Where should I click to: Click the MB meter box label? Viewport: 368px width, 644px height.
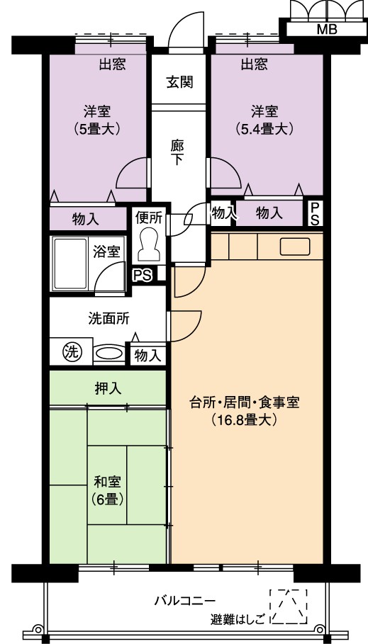(328, 29)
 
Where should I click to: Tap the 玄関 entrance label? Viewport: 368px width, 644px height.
(179, 82)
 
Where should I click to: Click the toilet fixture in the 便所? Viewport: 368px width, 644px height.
(148, 244)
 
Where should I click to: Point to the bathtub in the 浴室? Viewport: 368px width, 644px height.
(71, 263)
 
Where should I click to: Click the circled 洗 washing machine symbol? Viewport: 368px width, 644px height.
(72, 351)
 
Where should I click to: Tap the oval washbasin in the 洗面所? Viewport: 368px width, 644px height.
(109, 352)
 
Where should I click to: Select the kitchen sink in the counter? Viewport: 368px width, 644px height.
(295, 247)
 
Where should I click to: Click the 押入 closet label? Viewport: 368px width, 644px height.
(108, 388)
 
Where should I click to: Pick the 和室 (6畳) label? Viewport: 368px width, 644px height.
(108, 490)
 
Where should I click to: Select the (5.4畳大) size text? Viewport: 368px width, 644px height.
(265, 128)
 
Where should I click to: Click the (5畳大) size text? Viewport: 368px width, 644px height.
(97, 128)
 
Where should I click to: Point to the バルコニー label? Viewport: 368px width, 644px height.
(184, 601)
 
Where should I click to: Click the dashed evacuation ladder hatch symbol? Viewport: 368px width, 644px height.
(289, 606)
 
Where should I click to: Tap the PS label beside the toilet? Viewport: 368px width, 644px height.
(142, 274)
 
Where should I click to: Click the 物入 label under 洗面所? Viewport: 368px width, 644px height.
(147, 356)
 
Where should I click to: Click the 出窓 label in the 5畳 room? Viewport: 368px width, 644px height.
(112, 64)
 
